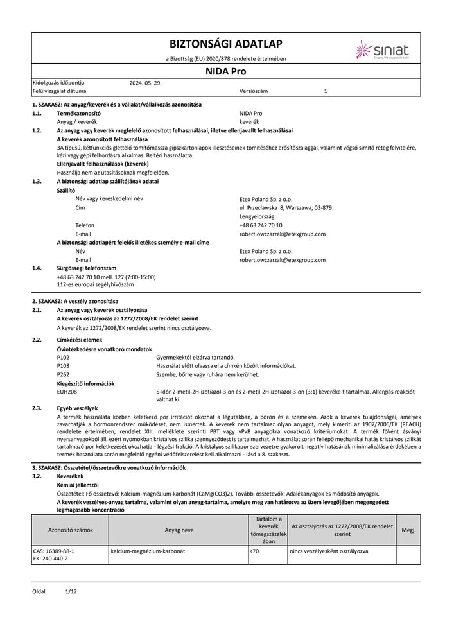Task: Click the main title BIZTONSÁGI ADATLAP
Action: click(225, 44)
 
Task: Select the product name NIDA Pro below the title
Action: click(225, 73)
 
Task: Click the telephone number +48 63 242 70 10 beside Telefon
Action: click(260, 225)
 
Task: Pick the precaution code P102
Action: click(63, 357)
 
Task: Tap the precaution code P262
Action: click(63, 374)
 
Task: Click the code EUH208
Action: click(67, 391)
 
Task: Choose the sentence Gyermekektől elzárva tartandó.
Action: click(191, 357)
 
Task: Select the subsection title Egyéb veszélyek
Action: click(77, 408)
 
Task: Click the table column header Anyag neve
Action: click(177, 530)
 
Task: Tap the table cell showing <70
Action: click(254, 551)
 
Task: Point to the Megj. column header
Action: click(408, 530)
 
